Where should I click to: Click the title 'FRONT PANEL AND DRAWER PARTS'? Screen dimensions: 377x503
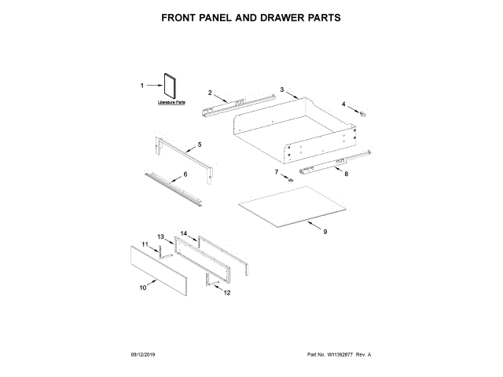pyautogui.click(x=251, y=16)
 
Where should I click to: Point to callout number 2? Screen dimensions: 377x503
pyautogui.click(x=210, y=93)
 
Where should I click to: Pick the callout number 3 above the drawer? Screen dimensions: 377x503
pyautogui.click(x=281, y=90)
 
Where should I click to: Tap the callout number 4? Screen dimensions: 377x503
pyautogui.click(x=343, y=104)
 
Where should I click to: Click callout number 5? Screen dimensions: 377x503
pyautogui.click(x=200, y=145)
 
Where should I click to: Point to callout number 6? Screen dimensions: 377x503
pyautogui.click(x=185, y=174)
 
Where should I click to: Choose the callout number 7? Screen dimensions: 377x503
pyautogui.click(x=277, y=170)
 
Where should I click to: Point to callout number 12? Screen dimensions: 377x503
pyautogui.click(x=227, y=293)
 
